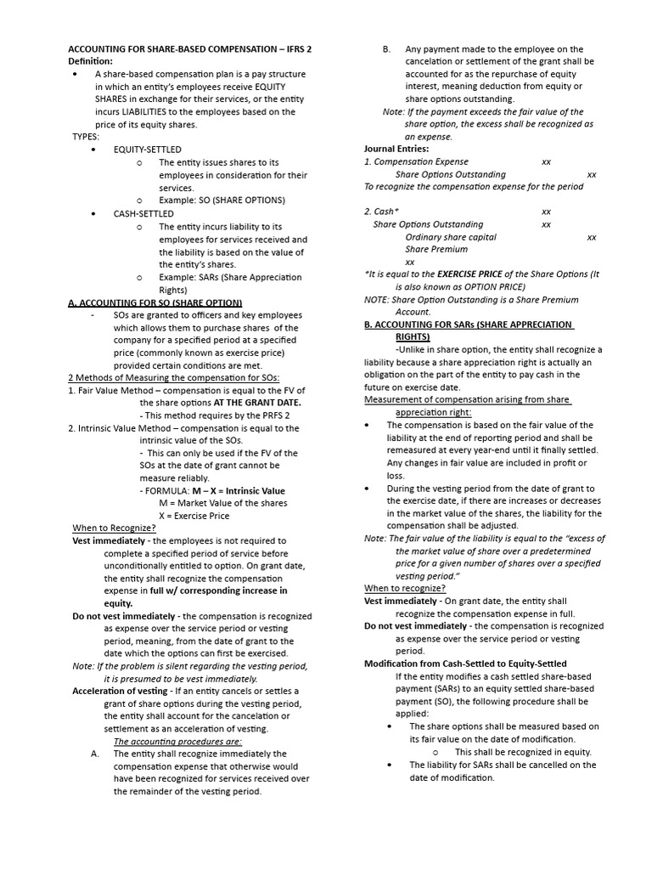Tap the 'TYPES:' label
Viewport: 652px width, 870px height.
pos(86,136)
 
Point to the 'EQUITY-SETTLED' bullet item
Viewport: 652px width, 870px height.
pos(147,150)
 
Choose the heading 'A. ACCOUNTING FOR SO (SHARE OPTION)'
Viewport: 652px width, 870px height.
pos(155,302)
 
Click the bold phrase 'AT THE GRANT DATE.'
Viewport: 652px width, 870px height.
pos(258,402)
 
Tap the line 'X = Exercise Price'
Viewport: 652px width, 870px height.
pos(194,516)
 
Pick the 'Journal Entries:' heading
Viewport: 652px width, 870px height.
pos(396,149)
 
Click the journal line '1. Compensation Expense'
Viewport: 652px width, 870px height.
pos(416,161)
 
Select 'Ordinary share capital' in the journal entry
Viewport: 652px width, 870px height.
pos(451,237)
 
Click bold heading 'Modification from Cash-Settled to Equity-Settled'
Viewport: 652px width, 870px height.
pos(465,664)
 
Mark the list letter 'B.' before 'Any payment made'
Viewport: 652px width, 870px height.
pos(386,49)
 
